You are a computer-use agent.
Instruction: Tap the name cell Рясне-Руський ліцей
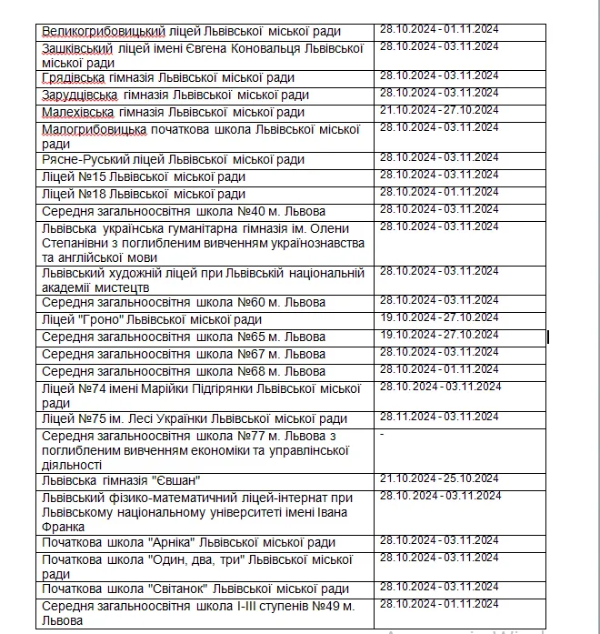click(x=173, y=159)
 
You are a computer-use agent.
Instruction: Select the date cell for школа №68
click(x=439, y=368)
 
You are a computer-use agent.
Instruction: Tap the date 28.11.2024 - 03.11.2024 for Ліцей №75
click(x=439, y=417)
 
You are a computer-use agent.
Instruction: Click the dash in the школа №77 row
click(x=382, y=435)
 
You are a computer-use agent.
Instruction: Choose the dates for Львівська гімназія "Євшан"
click(x=439, y=478)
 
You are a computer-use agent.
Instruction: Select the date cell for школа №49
click(x=439, y=603)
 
